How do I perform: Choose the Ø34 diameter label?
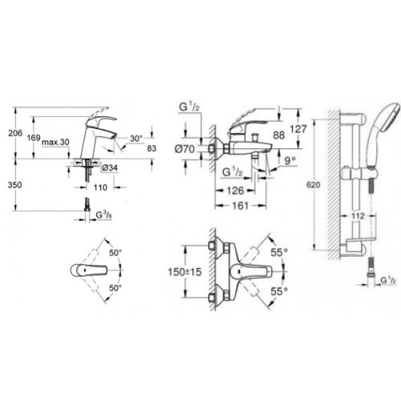[111, 167]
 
